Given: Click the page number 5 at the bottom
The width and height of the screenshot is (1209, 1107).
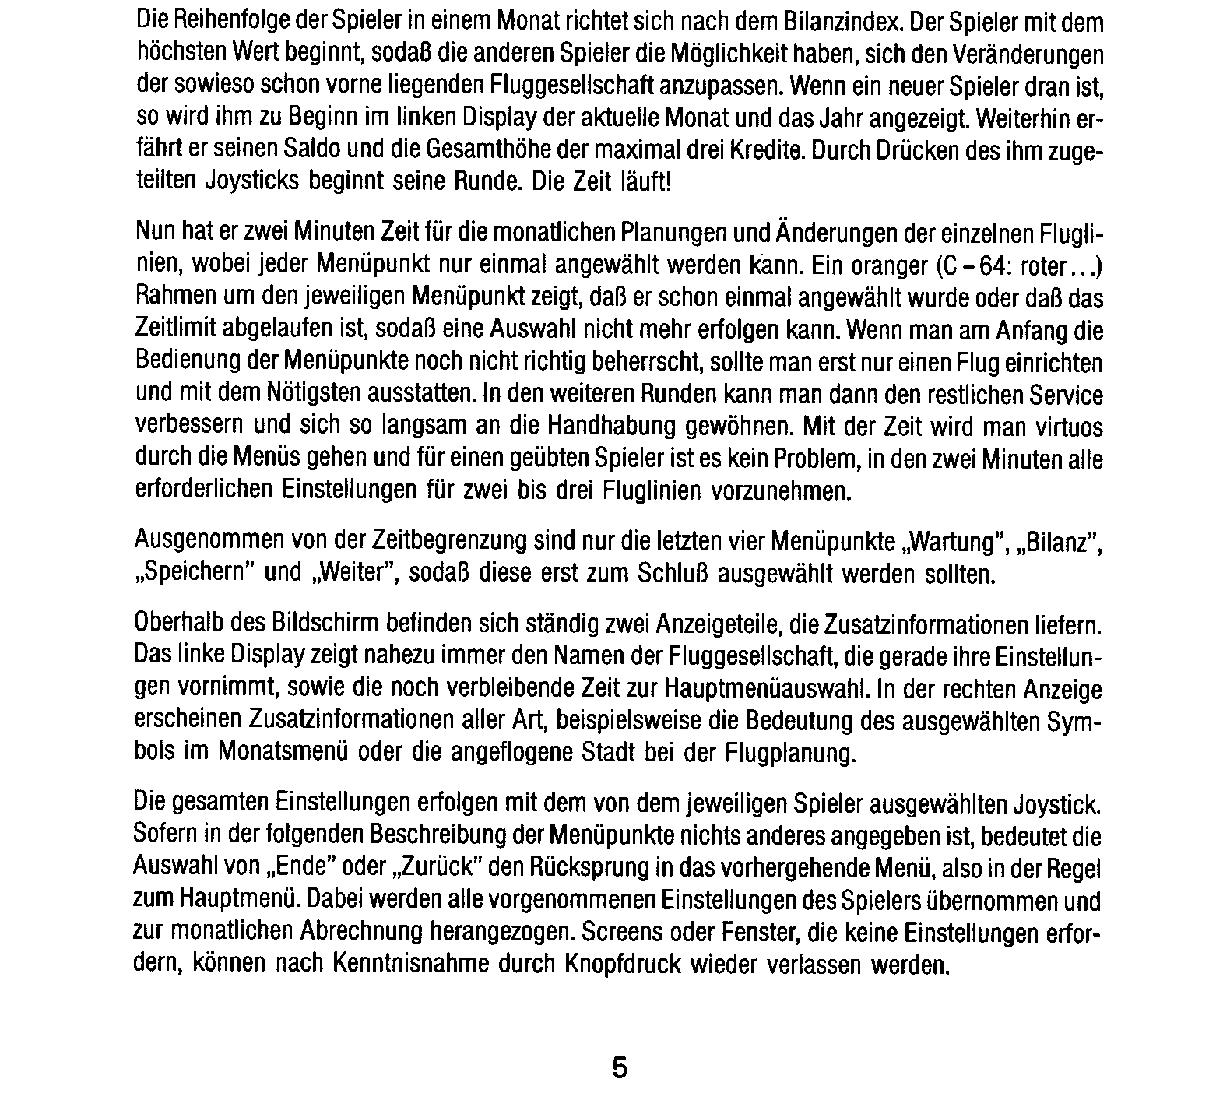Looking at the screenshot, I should click(619, 1067).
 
